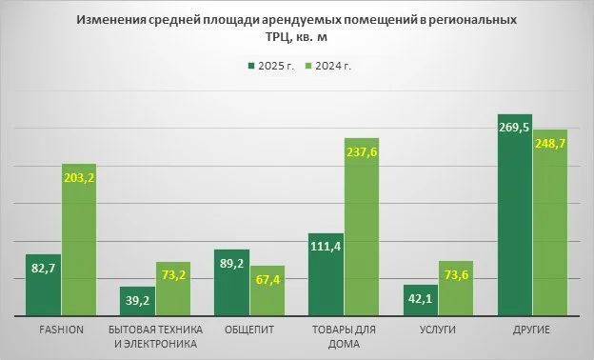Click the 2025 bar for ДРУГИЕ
[x=515, y=229]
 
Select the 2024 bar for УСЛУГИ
[x=456, y=295]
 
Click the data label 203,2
[x=79, y=177]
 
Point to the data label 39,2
[x=137, y=300]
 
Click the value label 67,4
[x=267, y=279]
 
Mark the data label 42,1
[x=420, y=298]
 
